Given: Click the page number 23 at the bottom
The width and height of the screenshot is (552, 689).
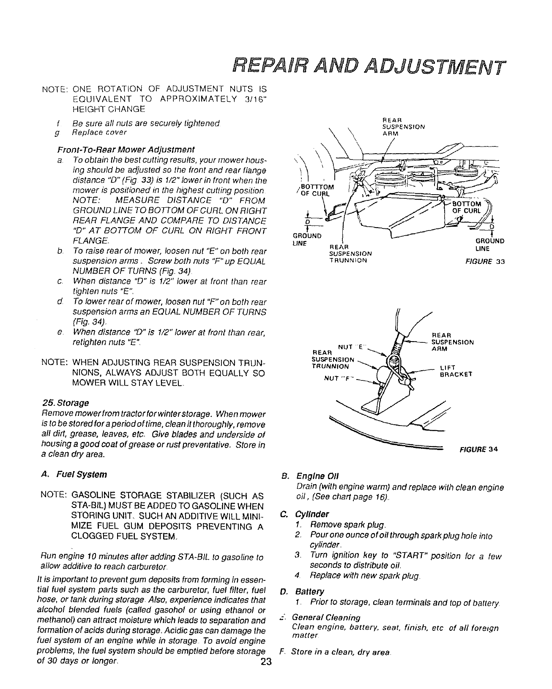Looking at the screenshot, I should click(265, 661).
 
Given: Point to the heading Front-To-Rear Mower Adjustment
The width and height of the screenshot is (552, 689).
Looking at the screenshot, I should click(126, 149).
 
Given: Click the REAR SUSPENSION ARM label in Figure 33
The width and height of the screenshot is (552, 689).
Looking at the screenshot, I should click(403, 126).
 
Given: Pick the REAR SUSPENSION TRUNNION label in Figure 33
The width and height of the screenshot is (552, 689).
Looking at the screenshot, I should click(350, 253).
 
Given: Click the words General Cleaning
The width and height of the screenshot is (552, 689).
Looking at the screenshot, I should click(326, 617).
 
